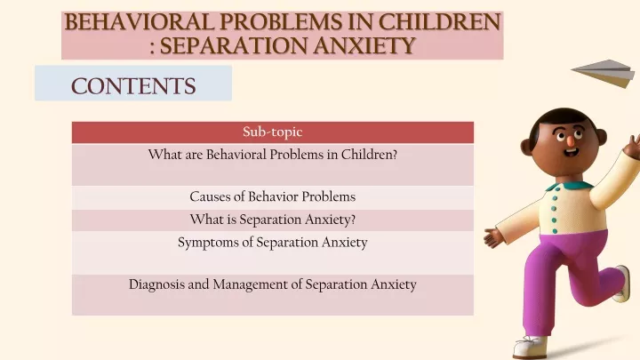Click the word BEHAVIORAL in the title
tap(140, 22)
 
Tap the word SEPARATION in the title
tap(233, 45)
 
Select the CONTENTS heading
tap(133, 86)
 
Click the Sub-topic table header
tap(273, 132)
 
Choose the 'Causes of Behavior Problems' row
tap(273, 196)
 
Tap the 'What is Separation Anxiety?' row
tap(273, 220)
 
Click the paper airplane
tap(604, 73)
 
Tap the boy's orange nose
tap(570, 140)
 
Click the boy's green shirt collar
tap(570, 186)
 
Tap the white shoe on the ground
tap(530, 347)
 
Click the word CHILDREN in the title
tap(439, 22)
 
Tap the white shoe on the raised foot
tap(621, 283)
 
